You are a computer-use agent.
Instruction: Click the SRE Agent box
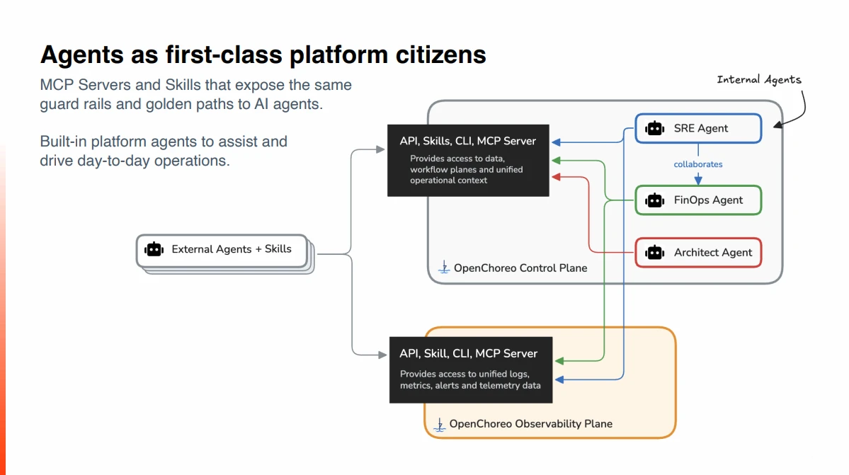(698, 128)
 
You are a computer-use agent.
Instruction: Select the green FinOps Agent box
(698, 200)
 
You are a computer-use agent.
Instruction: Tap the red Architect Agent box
(698, 253)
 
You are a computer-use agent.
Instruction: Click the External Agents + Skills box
(222, 250)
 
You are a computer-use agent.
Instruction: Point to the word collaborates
(698, 164)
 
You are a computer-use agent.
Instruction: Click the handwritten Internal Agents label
(759, 80)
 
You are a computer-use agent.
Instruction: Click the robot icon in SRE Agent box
(654, 128)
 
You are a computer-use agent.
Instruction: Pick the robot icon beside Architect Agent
(654, 253)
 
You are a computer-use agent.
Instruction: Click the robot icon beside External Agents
(154, 249)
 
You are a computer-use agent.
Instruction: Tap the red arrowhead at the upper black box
(556, 177)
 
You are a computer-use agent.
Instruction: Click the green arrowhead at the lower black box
(559, 361)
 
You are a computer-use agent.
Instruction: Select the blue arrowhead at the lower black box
(559, 379)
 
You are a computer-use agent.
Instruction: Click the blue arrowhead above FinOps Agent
(698, 180)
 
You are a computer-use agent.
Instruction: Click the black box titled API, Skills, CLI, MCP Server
(468, 161)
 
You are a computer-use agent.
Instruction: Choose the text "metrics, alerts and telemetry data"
(470, 385)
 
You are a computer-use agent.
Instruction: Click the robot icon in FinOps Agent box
(654, 200)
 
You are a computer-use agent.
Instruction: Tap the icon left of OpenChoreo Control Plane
(444, 267)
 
